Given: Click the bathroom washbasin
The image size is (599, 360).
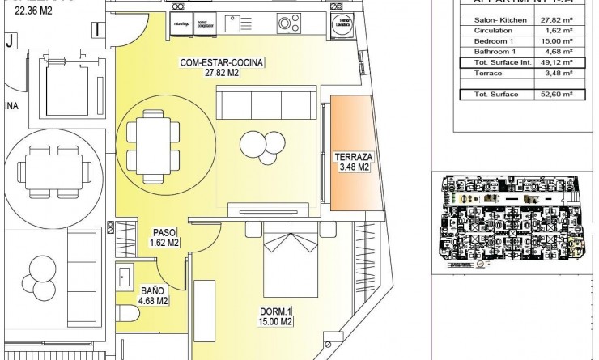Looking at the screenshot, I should point(124,278).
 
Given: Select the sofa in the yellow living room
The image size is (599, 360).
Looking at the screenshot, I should point(266,106).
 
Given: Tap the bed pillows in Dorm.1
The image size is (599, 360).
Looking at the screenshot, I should point(287,240).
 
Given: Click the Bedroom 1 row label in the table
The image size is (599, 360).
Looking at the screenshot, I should point(490,39).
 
